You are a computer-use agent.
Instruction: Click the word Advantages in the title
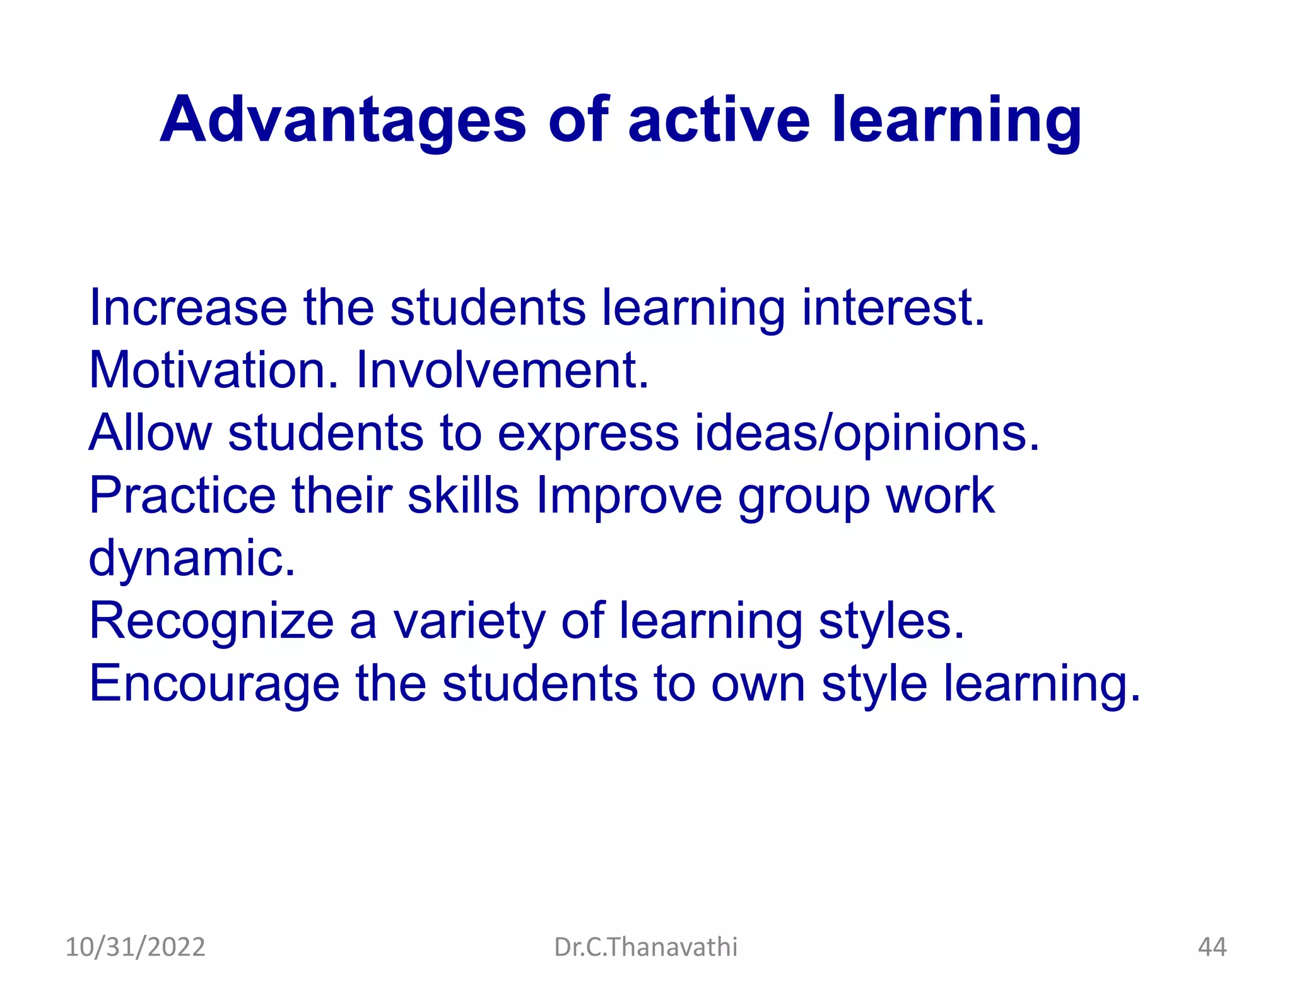click(x=343, y=120)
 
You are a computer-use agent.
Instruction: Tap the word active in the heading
click(x=719, y=120)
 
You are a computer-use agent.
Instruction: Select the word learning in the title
click(x=956, y=120)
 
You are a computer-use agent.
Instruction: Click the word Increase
click(x=188, y=307)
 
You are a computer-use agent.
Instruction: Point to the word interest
click(x=893, y=307)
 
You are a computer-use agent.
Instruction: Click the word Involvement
click(x=502, y=370)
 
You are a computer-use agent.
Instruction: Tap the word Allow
click(x=150, y=433)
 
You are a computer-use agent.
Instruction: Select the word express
click(x=588, y=433)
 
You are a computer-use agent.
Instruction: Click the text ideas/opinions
click(x=867, y=433)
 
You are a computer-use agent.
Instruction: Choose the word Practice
click(x=182, y=495)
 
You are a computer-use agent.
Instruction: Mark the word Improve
click(x=629, y=495)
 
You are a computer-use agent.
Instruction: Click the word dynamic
click(x=192, y=558)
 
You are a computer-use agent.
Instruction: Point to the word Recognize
click(x=211, y=621)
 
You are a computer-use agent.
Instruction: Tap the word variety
click(x=469, y=621)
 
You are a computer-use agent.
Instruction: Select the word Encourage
click(x=214, y=684)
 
